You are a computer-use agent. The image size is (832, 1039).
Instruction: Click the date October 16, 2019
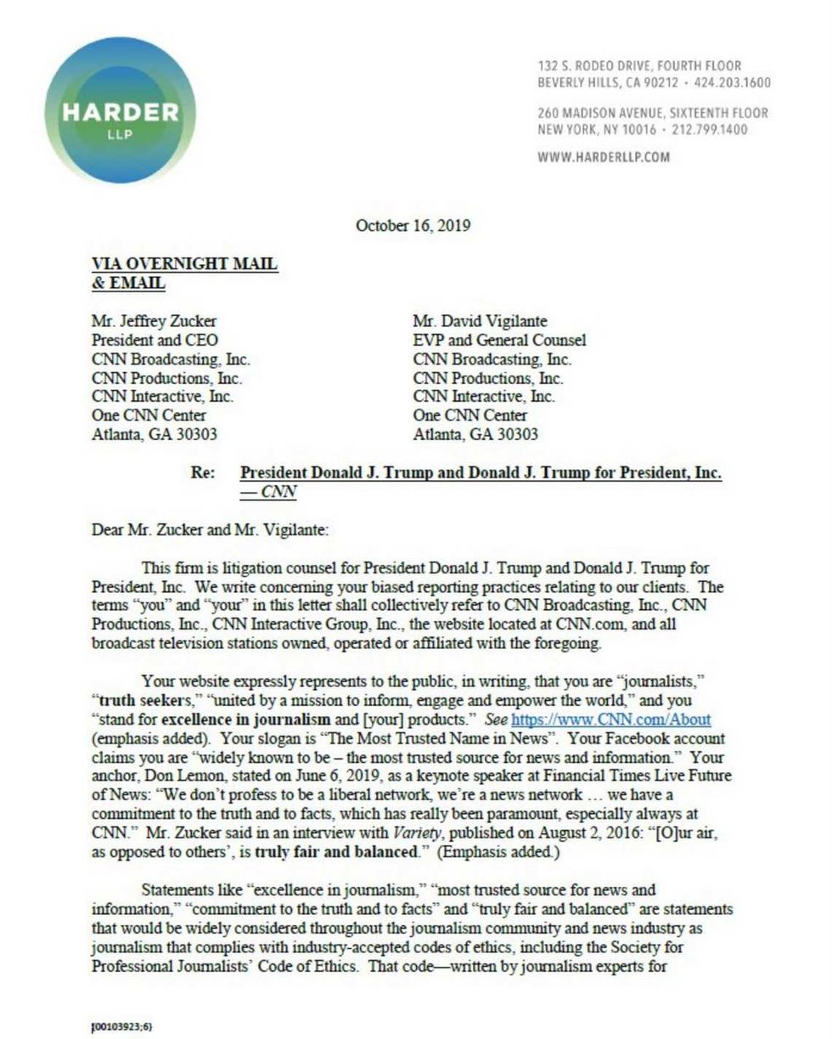coord(413,226)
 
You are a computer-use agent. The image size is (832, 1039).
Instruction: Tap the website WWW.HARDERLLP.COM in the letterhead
coord(604,157)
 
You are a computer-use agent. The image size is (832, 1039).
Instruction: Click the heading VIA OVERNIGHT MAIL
coord(184,264)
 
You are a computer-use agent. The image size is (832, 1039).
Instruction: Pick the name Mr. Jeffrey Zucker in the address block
coord(154,321)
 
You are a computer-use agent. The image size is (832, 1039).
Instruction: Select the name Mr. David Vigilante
coord(480,321)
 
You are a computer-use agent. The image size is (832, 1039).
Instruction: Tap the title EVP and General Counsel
coord(499,340)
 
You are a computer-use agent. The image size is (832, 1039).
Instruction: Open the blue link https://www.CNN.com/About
coord(610,720)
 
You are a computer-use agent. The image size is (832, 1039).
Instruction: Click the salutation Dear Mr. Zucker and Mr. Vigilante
coord(210,531)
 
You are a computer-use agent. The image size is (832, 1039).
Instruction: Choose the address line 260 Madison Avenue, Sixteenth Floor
coord(653,113)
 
